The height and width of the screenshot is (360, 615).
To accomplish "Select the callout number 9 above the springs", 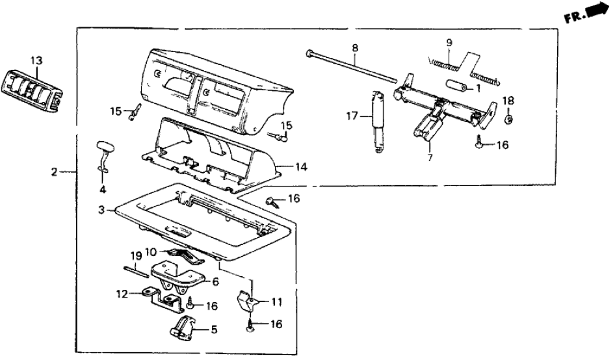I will point(449,44).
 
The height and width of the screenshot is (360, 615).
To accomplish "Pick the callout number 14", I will point(300,168).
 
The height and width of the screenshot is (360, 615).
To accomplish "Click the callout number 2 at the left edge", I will point(55,172).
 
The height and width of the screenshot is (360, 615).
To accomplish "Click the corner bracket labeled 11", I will point(248,300).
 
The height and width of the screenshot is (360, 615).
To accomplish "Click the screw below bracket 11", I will point(250,327).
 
